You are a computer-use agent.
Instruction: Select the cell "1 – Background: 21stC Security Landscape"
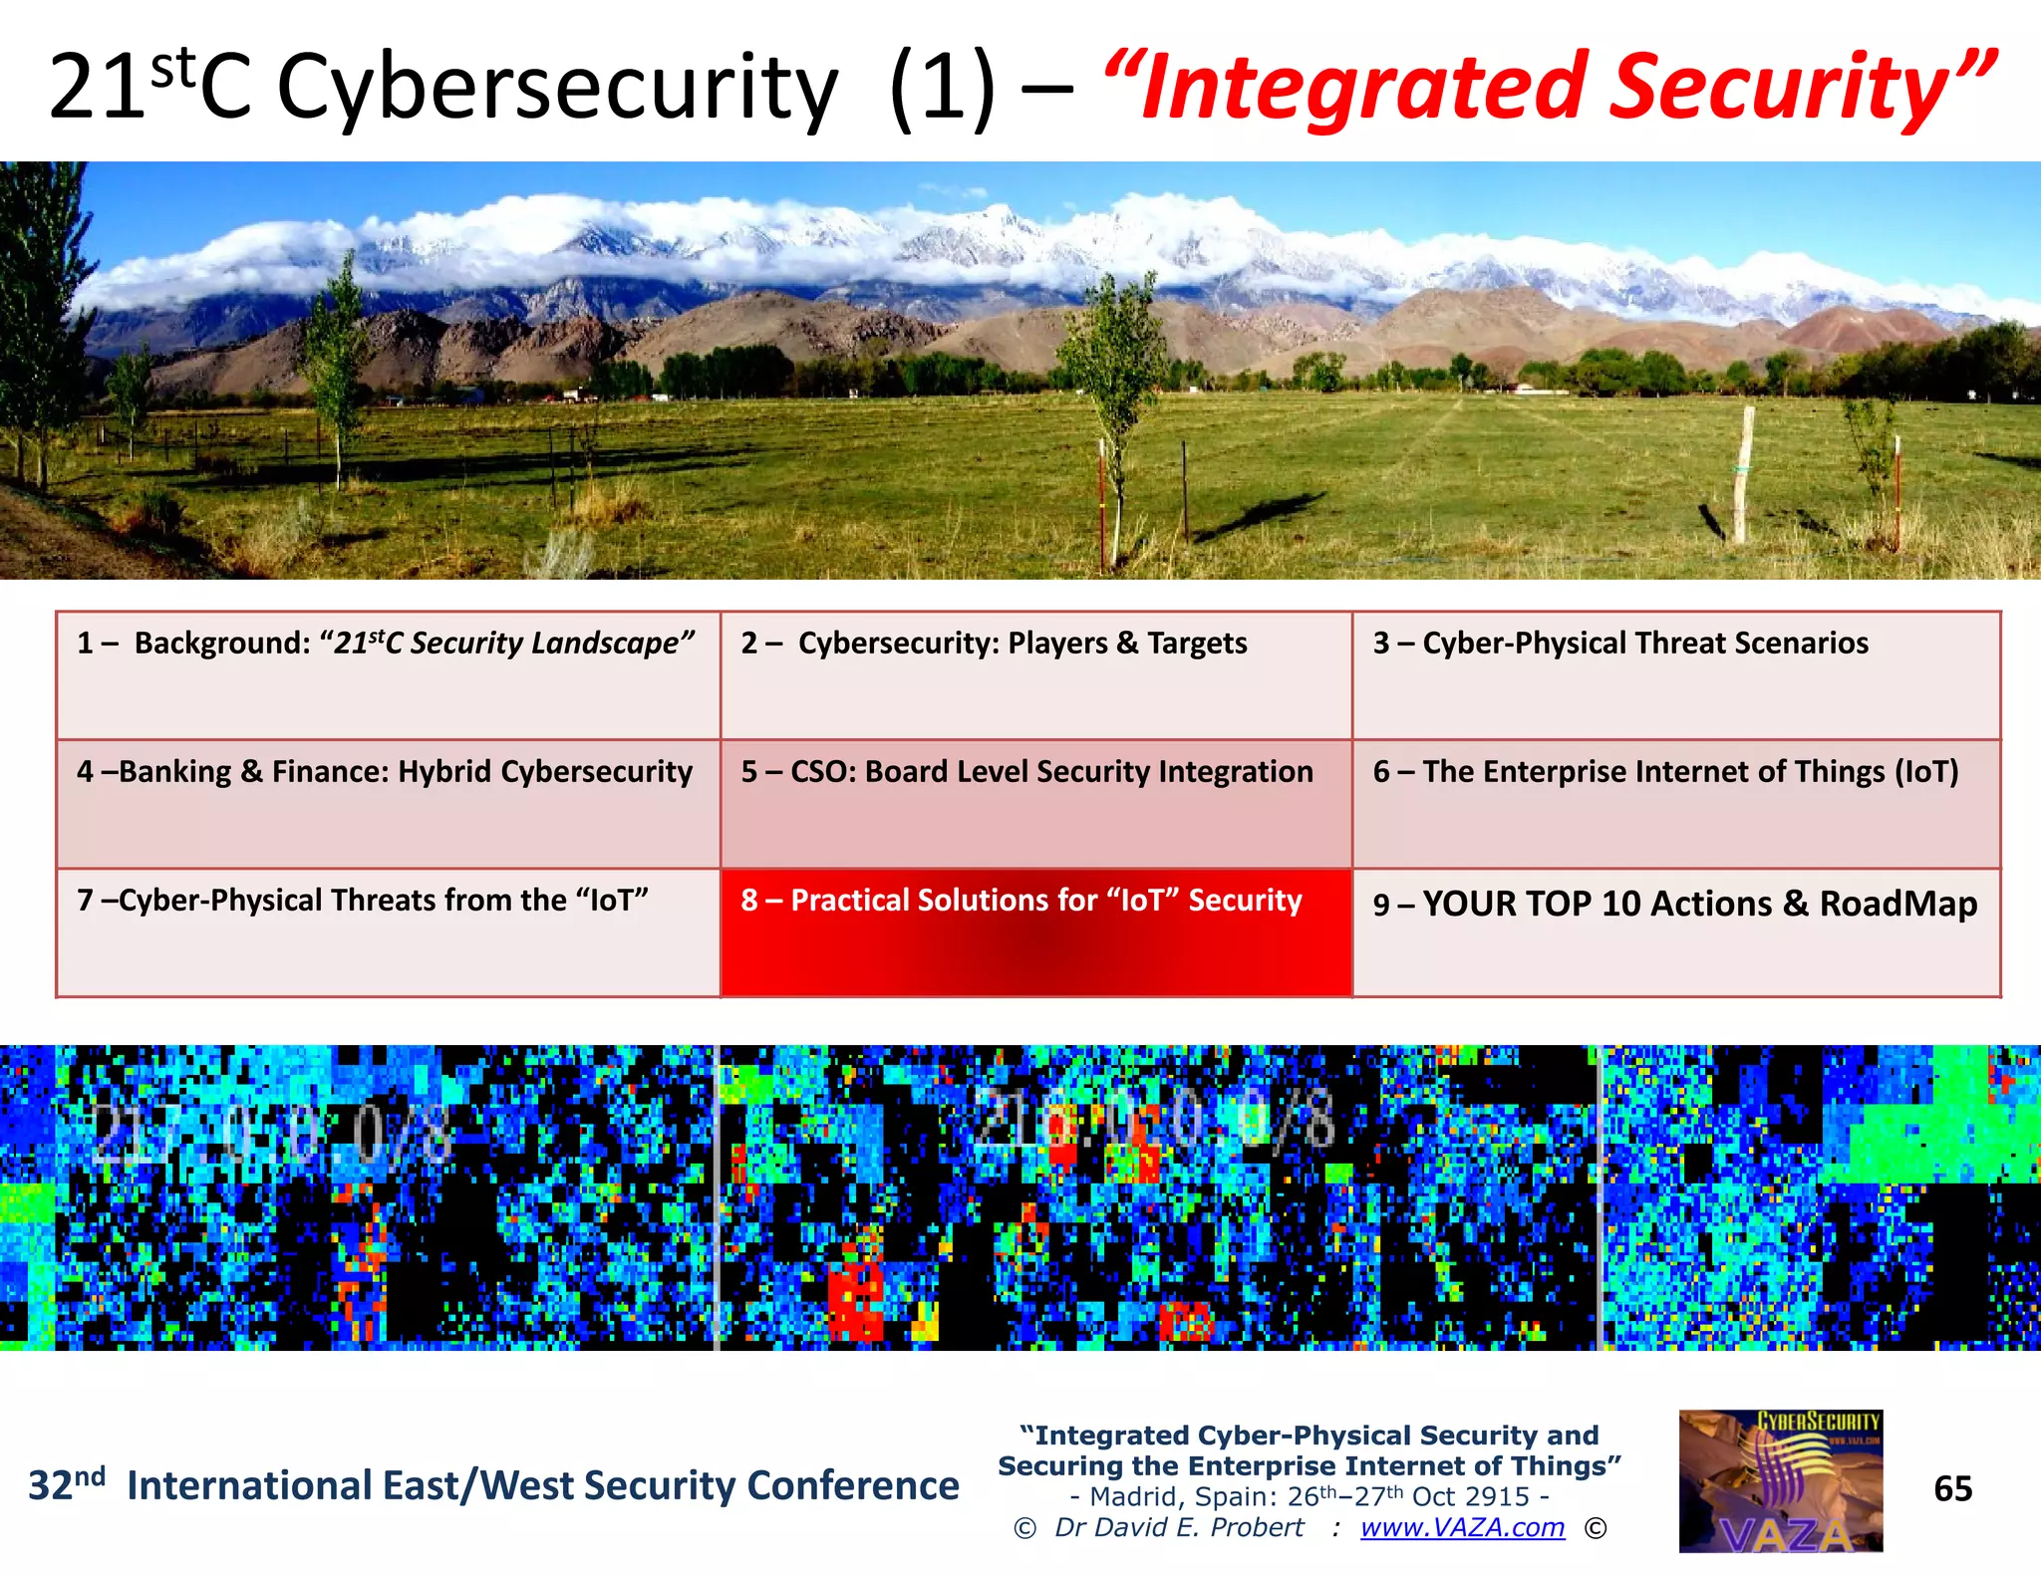tap(388, 675)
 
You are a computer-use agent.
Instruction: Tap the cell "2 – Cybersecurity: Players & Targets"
tap(1035, 675)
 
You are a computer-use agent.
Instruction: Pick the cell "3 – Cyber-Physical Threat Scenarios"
tap(1675, 675)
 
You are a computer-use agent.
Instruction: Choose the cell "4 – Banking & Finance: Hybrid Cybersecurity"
tap(388, 803)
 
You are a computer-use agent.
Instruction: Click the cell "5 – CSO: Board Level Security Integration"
tap(1035, 803)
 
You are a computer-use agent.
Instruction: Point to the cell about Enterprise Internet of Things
tap(1675, 803)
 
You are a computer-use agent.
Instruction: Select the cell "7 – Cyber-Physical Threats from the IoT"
tap(388, 932)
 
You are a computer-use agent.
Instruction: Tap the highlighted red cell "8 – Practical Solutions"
tap(1035, 932)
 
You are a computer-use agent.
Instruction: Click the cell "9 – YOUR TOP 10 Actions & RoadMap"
tap(1675, 932)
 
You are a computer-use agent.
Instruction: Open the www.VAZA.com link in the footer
tap(1462, 1527)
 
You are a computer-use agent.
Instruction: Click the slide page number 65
tap(1952, 1488)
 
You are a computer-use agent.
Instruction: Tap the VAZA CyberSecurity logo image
tap(1780, 1480)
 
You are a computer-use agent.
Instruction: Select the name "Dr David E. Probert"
tap(1179, 1527)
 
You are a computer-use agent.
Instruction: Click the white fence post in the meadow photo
tap(1743, 474)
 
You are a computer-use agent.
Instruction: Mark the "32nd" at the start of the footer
tap(66, 1484)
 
